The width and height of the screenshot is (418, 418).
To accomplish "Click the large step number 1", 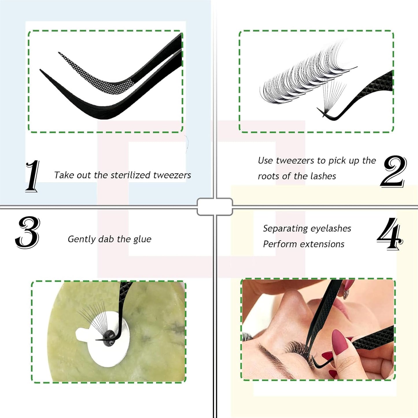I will point(32,176).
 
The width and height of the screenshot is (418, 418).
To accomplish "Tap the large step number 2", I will point(393,171).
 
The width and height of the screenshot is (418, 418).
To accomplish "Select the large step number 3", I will point(27,232).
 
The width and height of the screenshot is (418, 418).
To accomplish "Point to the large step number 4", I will point(390,234).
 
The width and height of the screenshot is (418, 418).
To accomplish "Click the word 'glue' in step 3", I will point(142,239).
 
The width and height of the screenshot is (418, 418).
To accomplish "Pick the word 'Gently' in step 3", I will point(82,239).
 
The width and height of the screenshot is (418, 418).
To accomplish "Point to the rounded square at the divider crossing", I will point(215,207).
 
